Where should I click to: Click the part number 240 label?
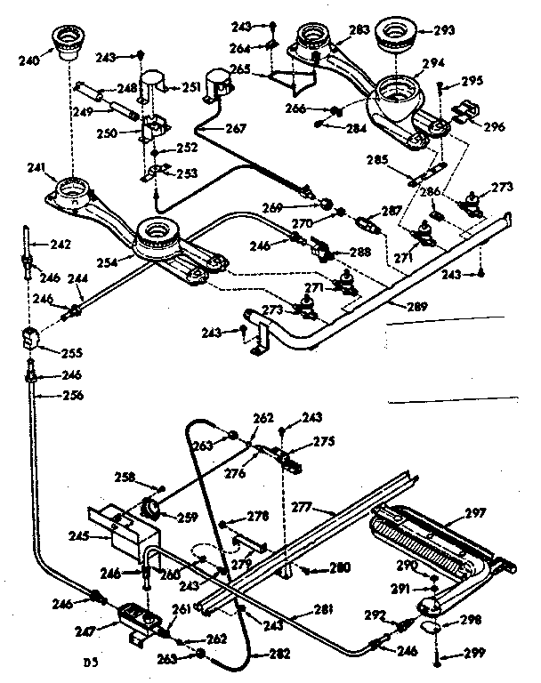coord(29,62)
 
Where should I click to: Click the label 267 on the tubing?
coord(236,129)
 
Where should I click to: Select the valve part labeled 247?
coord(133,616)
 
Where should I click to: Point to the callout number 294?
coord(433,63)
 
